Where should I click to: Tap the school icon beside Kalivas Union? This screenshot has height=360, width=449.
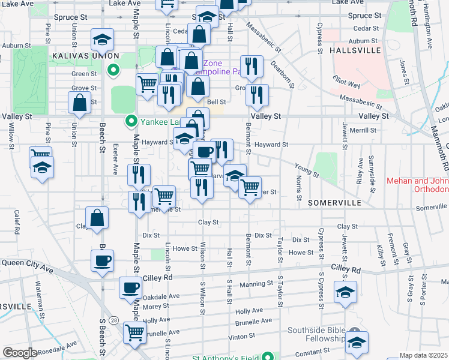pos(103,40)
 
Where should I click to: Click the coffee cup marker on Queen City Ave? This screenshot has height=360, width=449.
pos(102,261)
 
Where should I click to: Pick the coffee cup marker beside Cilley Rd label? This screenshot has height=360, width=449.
pos(130,287)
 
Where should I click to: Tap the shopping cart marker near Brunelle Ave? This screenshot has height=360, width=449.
pos(134,332)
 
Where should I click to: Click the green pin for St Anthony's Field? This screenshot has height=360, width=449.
pos(271,358)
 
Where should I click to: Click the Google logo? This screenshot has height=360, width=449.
pos(20,353)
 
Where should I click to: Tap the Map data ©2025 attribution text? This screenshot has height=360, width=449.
pos(424,355)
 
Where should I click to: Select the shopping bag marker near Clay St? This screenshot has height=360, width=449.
pos(97,218)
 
